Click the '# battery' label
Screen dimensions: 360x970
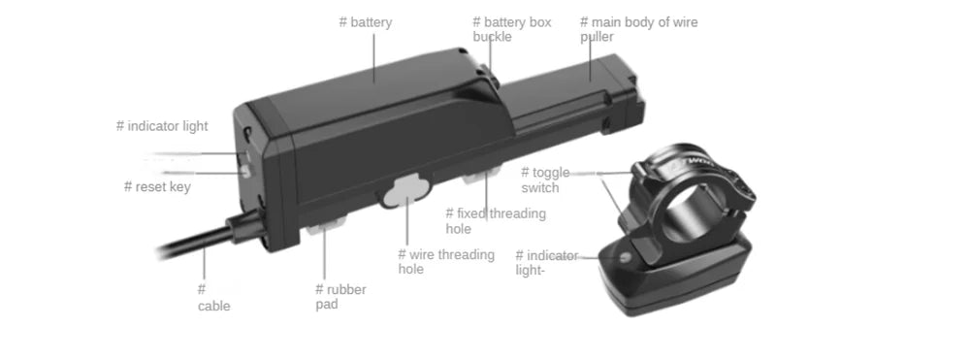tap(366, 22)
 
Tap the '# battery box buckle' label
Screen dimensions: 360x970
tap(511, 29)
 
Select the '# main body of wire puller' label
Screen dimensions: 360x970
tap(638, 29)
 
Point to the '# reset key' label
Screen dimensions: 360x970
tap(157, 186)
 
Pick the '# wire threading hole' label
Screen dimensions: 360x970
tap(445, 262)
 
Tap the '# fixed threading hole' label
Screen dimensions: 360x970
tap(495, 221)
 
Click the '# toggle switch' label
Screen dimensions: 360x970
tap(545, 180)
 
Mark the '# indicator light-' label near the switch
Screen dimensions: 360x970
tap(546, 263)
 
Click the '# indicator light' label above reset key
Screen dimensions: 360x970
tap(162, 126)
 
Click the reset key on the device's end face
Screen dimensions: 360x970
tap(246, 170)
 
